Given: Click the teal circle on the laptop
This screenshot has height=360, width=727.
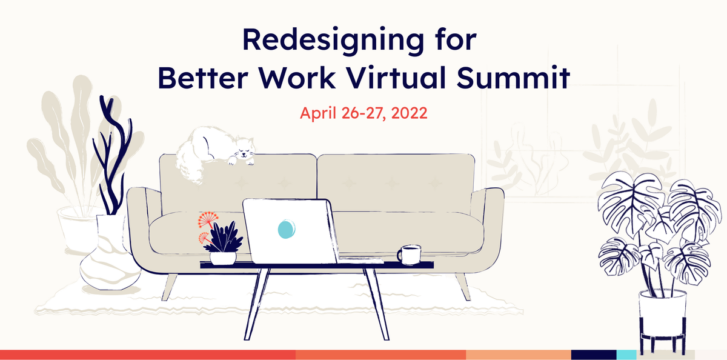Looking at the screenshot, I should tap(286, 228).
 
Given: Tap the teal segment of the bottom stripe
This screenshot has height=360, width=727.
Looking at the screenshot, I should tap(626, 355).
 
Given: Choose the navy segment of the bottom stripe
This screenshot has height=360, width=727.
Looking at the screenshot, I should tap(594, 355).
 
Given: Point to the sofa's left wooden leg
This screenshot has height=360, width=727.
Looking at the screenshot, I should tap(171, 286).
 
